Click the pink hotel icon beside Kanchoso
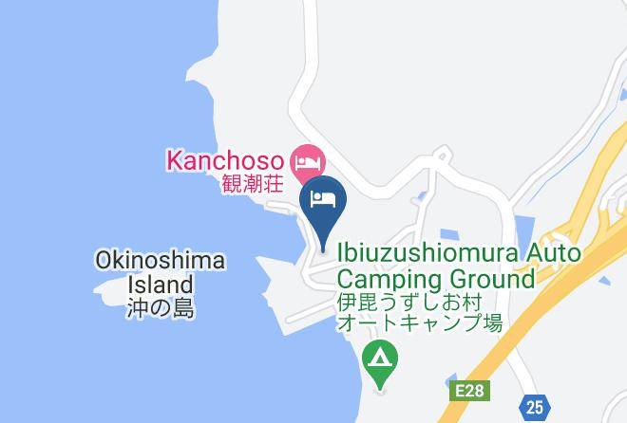click(307, 157)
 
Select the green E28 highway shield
click(462, 390)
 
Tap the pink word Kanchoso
click(225, 158)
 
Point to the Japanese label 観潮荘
click(254, 183)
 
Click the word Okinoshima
click(161, 261)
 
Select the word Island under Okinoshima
click(161, 285)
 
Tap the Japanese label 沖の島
click(160, 307)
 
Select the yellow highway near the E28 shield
click(513, 341)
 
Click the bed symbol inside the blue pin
click(322, 198)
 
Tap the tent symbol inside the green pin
click(380, 359)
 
